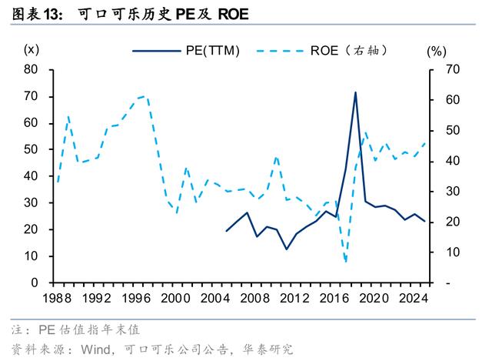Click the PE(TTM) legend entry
[x=186, y=51]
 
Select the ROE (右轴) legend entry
[x=322, y=51]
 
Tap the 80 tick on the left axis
[x=31, y=69]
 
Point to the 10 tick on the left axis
[x=31, y=256]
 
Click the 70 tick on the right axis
[x=453, y=69]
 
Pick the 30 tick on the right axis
[x=453, y=192]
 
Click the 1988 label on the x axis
[x=57, y=298]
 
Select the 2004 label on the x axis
[x=215, y=298]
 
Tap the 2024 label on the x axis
[x=414, y=298]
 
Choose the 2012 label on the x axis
[x=294, y=298]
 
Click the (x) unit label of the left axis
[x=32, y=49]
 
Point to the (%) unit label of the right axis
[x=437, y=52]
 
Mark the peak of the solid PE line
[x=355, y=92]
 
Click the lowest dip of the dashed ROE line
[x=346, y=262]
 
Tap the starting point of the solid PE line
[x=227, y=231]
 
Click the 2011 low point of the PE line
[x=286, y=249]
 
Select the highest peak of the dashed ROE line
[x=145, y=96]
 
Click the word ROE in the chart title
[x=233, y=14]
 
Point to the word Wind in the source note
[x=95, y=349]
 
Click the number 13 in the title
[x=51, y=15]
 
